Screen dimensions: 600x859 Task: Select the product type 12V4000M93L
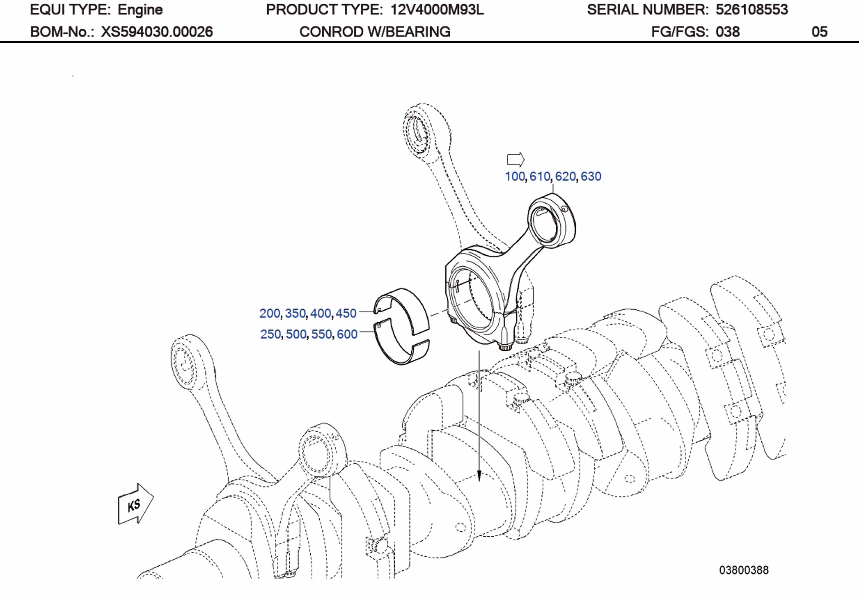437,10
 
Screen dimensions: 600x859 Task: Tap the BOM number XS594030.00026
157,32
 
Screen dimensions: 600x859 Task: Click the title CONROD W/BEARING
375,32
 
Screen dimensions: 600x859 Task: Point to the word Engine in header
140,10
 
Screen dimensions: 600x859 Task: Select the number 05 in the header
819,32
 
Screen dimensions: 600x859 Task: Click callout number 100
515,176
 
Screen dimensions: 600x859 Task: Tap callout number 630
591,176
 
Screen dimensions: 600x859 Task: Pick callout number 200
270,313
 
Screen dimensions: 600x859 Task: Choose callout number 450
346,313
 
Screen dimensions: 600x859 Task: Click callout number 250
270,334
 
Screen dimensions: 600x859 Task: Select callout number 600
347,334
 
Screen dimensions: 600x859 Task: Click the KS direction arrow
135,505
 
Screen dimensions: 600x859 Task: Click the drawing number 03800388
744,570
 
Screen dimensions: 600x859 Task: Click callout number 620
565,176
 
